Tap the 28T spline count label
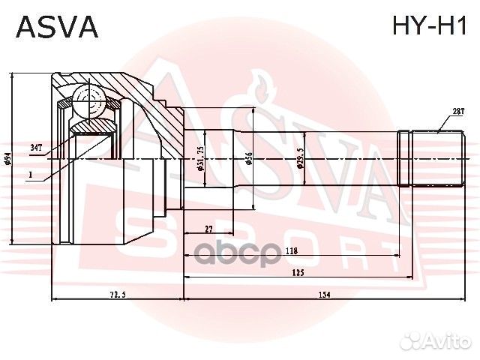457,112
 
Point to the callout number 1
29,176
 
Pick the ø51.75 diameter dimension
201,158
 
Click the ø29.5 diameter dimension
299,158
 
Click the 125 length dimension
297,274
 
